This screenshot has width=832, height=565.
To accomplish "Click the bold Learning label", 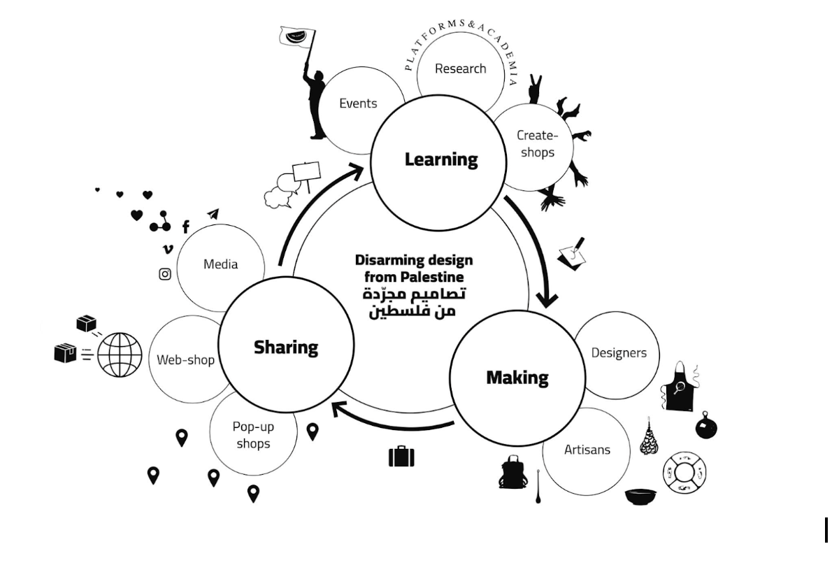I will (x=441, y=159).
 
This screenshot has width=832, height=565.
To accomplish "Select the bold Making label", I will (x=517, y=378).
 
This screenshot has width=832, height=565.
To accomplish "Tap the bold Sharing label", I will (x=285, y=347).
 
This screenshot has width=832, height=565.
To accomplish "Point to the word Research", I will (x=460, y=69).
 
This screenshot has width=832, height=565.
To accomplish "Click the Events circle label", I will (x=358, y=103).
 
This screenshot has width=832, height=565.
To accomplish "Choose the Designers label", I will (x=619, y=352).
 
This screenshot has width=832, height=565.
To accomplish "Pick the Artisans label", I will (x=587, y=450).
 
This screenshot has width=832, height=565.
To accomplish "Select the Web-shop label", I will (x=185, y=360).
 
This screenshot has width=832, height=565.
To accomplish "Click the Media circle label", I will (x=221, y=264).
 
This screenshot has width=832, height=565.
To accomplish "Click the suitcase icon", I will (x=401, y=457).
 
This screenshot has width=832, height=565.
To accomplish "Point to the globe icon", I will (x=120, y=355).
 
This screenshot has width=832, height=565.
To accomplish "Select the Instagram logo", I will (x=165, y=274).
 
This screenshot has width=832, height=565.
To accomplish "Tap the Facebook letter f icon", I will (x=186, y=227).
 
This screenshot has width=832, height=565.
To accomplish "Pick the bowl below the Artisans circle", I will (x=640, y=497).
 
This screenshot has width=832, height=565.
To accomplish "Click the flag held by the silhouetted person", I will (x=297, y=36).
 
